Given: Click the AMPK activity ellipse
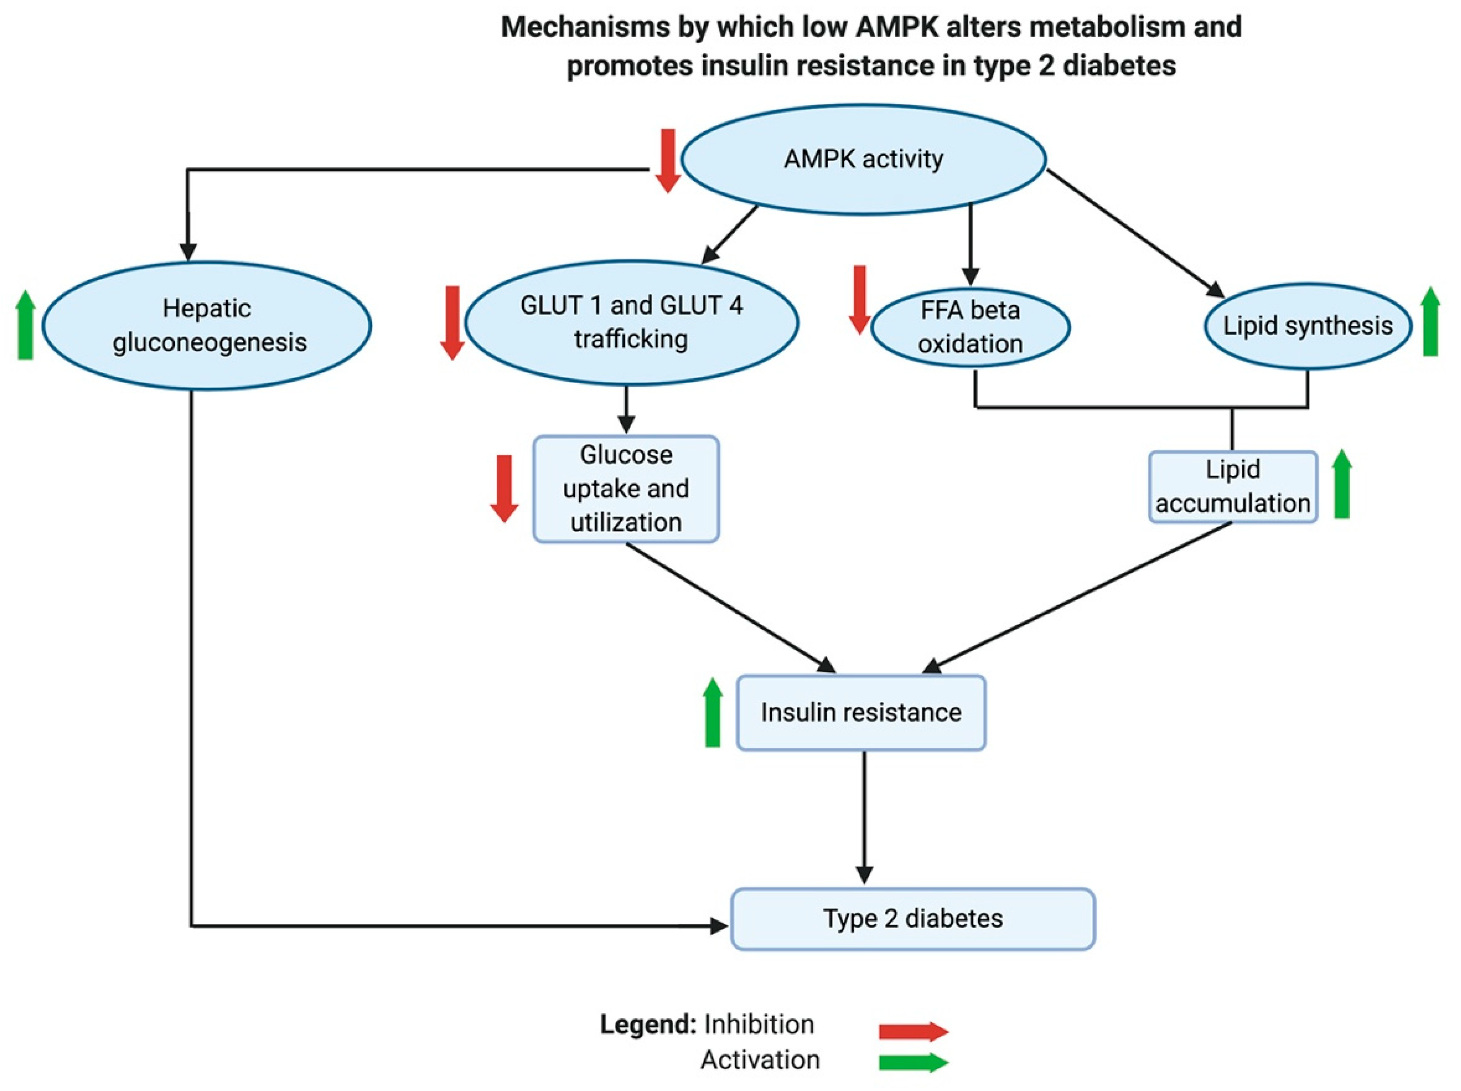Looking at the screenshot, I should pos(863,159).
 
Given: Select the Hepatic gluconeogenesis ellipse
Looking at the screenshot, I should pos(207,326).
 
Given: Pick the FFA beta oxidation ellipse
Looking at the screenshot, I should pos(970,327).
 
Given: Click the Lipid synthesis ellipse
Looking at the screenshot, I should pos(1307,326).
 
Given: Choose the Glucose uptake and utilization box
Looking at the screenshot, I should pos(626,489).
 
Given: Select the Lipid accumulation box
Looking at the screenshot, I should pos(1233,487).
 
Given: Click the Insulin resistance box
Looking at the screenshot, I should pos(861,713).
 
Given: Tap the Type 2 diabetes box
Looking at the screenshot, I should pos(912,918).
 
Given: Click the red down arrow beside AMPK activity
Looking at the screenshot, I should pos(668,160).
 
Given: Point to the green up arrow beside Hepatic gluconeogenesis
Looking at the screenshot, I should pos(25,325).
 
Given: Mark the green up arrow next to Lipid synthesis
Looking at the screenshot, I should pos(1430,321).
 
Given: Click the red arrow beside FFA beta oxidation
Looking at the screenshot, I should pos(859,299).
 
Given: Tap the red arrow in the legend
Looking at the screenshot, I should pos(913,1031).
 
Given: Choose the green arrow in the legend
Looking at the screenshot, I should pos(913,1062).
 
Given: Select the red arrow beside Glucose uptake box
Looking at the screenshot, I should pos(504,489).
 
